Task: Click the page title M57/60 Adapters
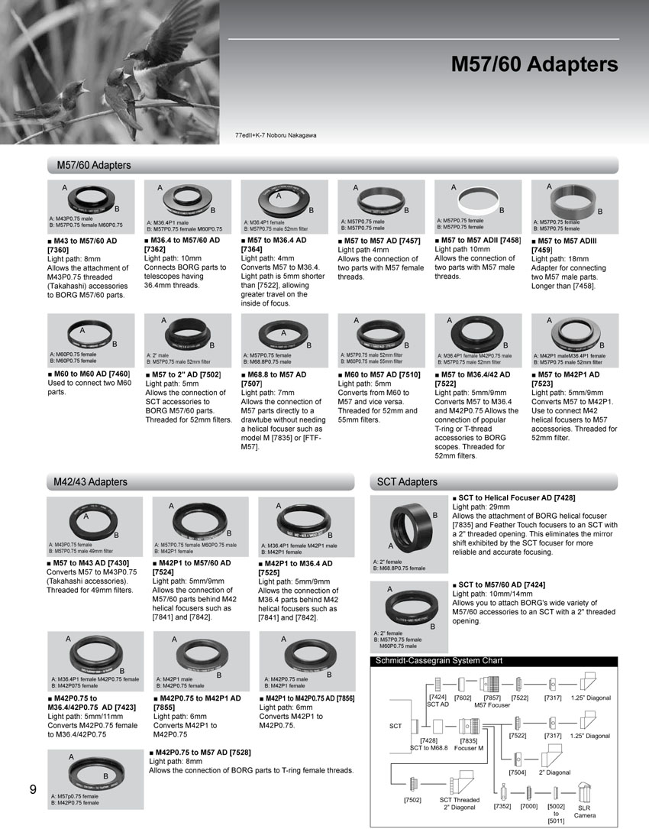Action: click(x=534, y=63)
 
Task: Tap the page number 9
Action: click(x=33, y=790)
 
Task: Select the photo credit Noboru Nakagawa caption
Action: click(x=276, y=135)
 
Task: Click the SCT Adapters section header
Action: click(x=408, y=481)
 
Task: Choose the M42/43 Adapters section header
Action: click(x=90, y=481)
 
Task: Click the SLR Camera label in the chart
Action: click(x=584, y=811)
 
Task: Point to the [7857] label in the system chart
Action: click(x=492, y=697)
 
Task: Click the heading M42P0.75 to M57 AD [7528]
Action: click(x=199, y=752)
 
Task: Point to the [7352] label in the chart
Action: click(x=502, y=806)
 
